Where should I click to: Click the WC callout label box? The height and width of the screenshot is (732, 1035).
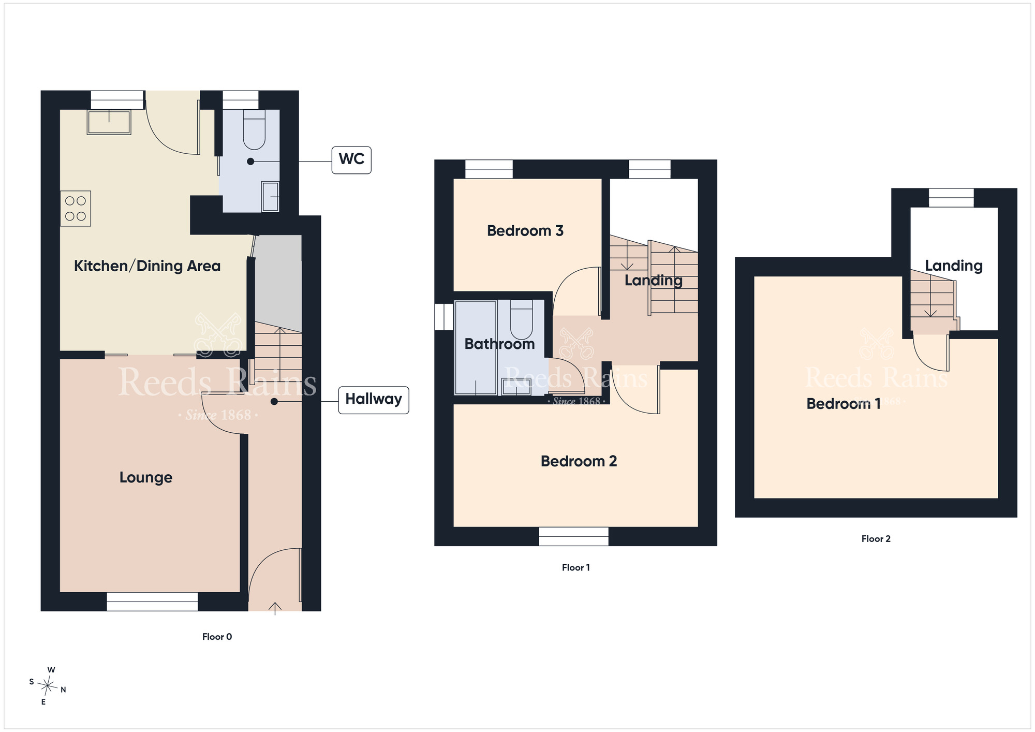[351, 159]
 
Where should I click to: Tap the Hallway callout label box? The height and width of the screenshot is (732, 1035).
[374, 400]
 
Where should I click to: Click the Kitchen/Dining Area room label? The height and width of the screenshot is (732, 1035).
[147, 266]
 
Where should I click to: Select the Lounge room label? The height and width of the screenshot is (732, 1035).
[146, 477]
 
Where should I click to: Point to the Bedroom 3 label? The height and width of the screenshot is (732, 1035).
[525, 231]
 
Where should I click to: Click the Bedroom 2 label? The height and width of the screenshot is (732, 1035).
[579, 461]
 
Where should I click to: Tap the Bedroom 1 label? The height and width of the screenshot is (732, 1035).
[844, 404]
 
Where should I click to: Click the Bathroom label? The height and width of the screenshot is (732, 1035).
[499, 344]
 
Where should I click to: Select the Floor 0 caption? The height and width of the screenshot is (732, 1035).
[217, 637]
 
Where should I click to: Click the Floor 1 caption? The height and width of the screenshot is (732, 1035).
[576, 567]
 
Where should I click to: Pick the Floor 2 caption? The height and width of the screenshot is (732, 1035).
[876, 539]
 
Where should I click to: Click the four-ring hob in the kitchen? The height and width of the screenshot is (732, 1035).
[76, 209]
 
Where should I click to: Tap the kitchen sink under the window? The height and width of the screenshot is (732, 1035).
[109, 122]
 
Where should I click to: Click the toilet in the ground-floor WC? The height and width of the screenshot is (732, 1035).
[254, 129]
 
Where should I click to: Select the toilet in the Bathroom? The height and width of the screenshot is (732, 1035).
[522, 320]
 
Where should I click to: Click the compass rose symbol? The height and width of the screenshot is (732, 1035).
[48, 686]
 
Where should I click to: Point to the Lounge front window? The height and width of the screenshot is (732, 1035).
[152, 602]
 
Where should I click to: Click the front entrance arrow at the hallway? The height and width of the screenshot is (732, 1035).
[275, 609]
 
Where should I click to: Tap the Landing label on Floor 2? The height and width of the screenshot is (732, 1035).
[954, 266]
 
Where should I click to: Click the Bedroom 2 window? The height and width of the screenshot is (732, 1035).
[573, 536]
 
